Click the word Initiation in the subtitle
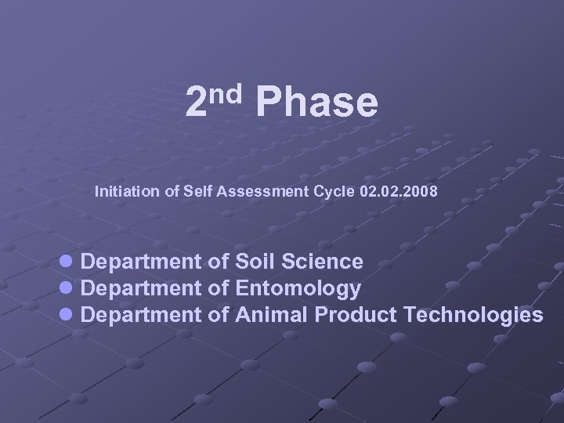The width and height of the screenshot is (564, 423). pyautogui.click(x=125, y=190)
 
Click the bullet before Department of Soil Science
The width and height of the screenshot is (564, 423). pyautogui.click(x=67, y=261)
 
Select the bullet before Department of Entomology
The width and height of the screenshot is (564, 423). pyautogui.click(x=67, y=288)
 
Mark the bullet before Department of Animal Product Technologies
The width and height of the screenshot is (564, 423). pyautogui.click(x=67, y=315)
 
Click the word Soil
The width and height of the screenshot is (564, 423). pyautogui.click(x=255, y=261)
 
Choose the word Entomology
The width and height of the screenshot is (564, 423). pyautogui.click(x=298, y=289)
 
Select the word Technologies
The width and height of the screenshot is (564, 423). pyautogui.click(x=473, y=316)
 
